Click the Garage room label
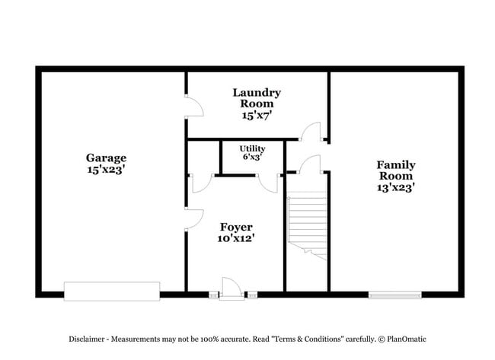tap(106, 158)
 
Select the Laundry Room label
tap(257, 98)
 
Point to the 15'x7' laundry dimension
tap(257, 116)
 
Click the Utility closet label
tap(252, 148)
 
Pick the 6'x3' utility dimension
tap(253, 157)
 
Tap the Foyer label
tap(236, 227)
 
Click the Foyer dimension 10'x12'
tap(236, 238)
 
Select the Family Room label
tap(396, 170)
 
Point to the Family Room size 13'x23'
tap(395, 188)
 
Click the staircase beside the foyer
tap(307, 225)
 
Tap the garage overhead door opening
tap(112, 292)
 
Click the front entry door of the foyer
tap(232, 288)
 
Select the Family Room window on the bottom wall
tap(395, 295)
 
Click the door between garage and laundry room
tap(193, 107)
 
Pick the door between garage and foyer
tap(193, 220)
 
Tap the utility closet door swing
tap(269, 183)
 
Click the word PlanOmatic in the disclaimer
tap(407, 339)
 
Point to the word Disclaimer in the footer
tap(87, 339)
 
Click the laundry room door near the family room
tap(311, 131)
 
